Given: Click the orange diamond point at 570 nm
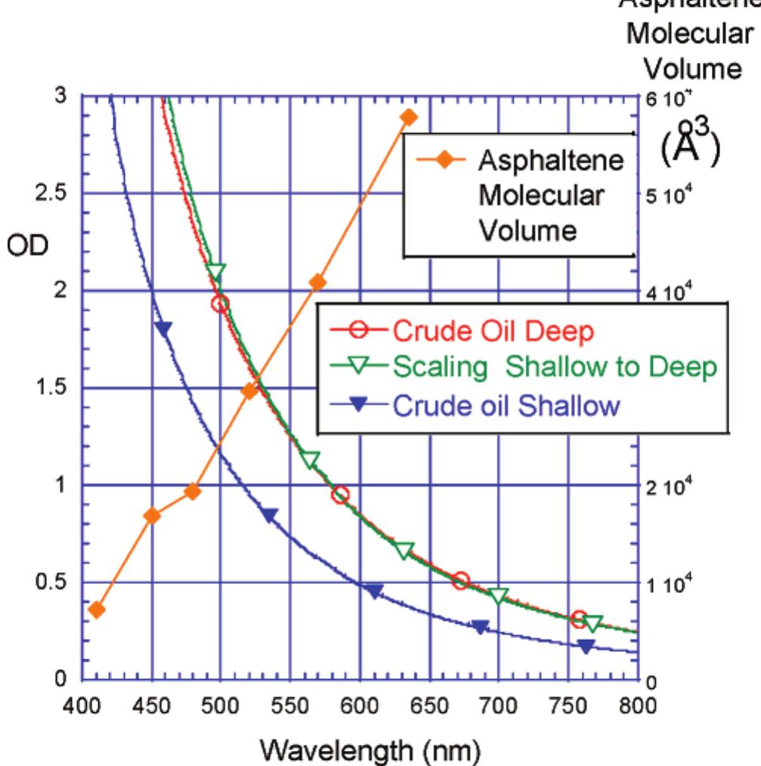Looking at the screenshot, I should click(317, 282).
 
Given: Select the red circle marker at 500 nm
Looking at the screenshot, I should click(220, 304).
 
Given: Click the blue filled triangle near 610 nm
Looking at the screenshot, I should click(374, 591).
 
